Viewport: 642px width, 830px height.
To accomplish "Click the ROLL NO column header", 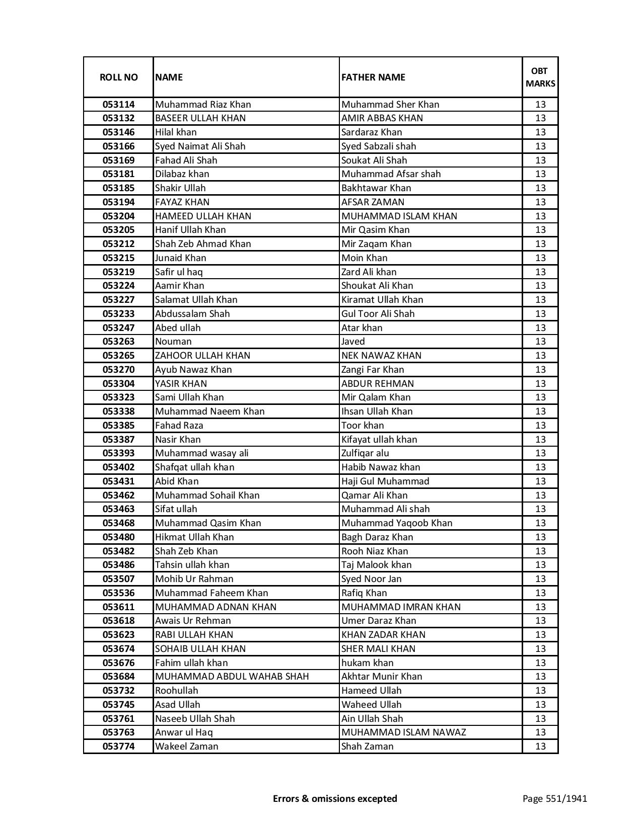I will pyautogui.click(x=118, y=77).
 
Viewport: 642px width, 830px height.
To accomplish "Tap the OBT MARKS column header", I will pyautogui.click(x=540, y=77).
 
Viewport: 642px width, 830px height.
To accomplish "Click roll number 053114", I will pyautogui.click(x=118, y=105).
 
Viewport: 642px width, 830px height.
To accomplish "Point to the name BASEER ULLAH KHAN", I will pyautogui.click(x=200, y=118).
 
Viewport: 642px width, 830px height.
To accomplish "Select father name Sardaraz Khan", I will pyautogui.click(x=372, y=132).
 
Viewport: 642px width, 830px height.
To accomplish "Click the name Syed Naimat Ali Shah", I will pyautogui.click(x=200, y=146).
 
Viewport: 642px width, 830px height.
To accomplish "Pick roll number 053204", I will pyautogui.click(x=118, y=216).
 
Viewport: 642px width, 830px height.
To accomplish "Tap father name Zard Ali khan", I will pyautogui.click(x=369, y=272).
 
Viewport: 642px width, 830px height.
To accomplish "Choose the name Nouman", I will pyautogui.click(x=173, y=342).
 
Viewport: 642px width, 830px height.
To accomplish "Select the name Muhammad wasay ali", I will pyautogui.click(x=202, y=453).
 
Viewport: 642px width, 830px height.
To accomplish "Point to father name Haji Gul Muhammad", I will pyautogui.click(x=385, y=481).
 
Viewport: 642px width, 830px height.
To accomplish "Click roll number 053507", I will pyautogui.click(x=118, y=579).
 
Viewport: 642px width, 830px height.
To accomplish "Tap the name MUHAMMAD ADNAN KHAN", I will pyautogui.click(x=216, y=607).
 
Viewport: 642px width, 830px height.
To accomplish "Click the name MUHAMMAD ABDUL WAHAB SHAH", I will pyautogui.click(x=232, y=677).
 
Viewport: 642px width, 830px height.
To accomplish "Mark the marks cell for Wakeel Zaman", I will pyautogui.click(x=540, y=746).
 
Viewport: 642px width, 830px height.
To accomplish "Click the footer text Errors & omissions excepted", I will pyautogui.click(x=335, y=798).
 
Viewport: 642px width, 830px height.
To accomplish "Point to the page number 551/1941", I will pyautogui.click(x=554, y=798).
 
